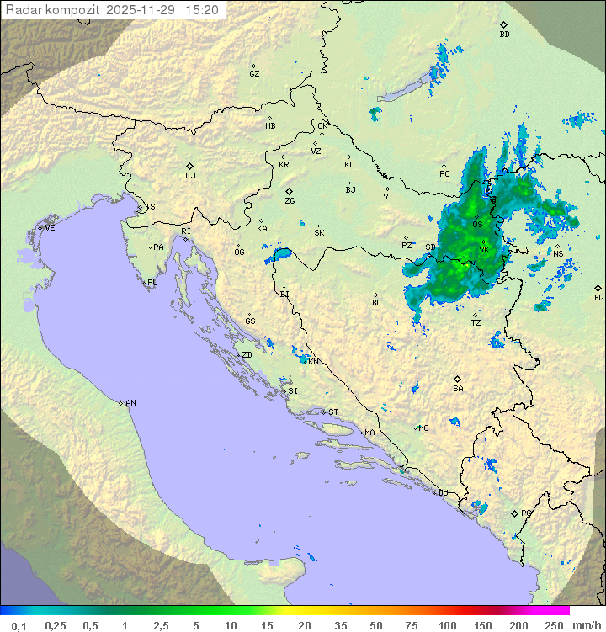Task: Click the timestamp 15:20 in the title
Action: coord(202,10)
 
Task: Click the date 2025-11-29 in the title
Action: coord(141,10)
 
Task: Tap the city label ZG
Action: coord(290,201)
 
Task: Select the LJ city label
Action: coord(190,175)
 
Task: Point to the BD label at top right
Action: coord(504,35)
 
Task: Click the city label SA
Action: coord(458,388)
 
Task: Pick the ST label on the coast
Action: coord(333,412)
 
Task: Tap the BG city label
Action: coord(598,297)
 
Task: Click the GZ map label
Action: coord(254,73)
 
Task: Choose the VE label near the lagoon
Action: coord(50,227)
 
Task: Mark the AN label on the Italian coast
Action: coord(130,403)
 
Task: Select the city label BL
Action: coord(376,302)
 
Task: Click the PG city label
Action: coord(526,513)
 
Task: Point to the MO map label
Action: coord(423,428)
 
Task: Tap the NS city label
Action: coord(558,253)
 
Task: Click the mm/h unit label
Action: coord(585,625)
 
